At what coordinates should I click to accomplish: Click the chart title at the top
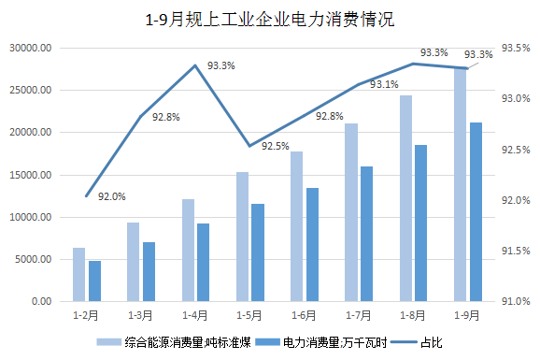(269, 18)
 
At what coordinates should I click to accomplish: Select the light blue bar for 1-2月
(78, 275)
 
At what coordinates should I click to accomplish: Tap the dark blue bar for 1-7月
(366, 234)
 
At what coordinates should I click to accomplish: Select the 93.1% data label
(384, 84)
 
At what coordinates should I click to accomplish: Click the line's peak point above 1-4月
(194, 65)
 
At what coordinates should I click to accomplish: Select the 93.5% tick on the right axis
(516, 48)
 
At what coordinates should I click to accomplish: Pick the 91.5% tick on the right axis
(516, 251)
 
